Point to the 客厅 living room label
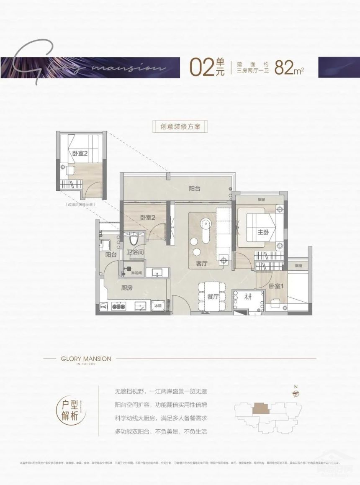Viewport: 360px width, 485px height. (202, 264)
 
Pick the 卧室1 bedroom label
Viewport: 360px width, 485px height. (275, 286)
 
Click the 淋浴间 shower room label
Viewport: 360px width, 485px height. (136, 272)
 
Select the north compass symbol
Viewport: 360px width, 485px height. (296, 393)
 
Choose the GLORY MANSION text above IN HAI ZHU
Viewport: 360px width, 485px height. (80, 359)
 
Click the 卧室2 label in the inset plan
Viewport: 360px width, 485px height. (80, 154)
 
